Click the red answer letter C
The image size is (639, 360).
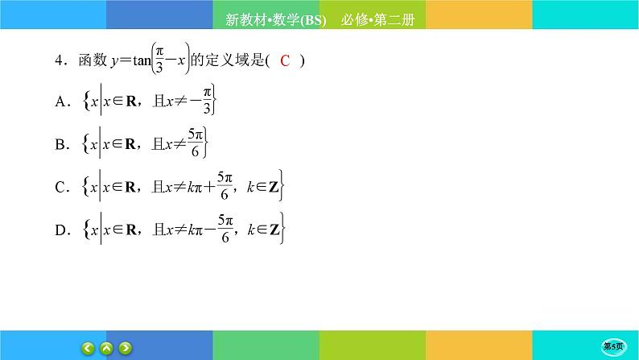(x=285, y=61)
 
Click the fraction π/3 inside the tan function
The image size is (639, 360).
(x=160, y=61)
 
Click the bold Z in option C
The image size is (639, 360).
(x=274, y=188)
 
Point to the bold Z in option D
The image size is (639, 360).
(x=274, y=231)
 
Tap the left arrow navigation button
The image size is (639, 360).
(x=88, y=348)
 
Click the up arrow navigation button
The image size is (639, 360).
(x=107, y=348)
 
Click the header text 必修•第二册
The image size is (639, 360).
(x=377, y=22)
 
